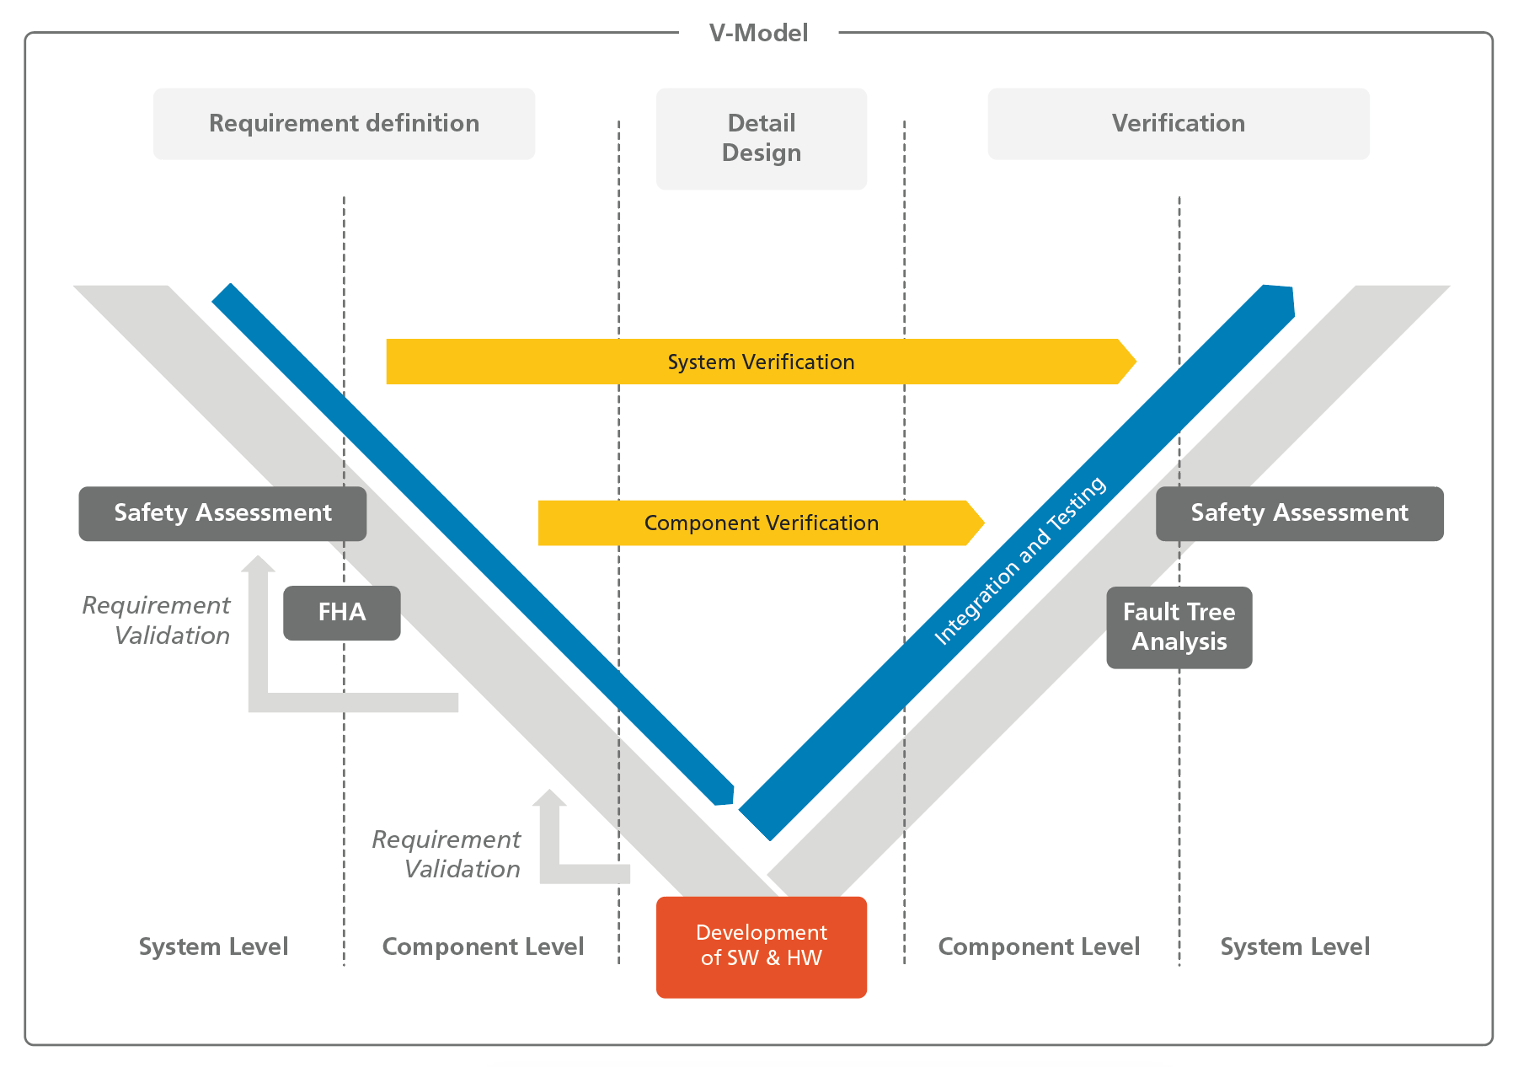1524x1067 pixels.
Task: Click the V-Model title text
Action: [x=758, y=33]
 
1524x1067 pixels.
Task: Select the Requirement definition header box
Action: [x=344, y=124]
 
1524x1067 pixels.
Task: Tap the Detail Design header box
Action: [x=761, y=138]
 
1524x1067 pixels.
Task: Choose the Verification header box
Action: [x=1178, y=124]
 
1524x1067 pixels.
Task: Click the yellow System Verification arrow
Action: [x=760, y=362]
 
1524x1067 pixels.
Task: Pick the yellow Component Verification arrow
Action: [x=760, y=523]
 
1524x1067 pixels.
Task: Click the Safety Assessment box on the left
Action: [x=222, y=513]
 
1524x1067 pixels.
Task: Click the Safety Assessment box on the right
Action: [x=1299, y=513]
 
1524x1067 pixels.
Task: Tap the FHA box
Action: [x=341, y=613]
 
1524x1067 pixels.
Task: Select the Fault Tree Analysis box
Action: [x=1179, y=627]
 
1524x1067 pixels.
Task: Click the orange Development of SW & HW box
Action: [x=761, y=946]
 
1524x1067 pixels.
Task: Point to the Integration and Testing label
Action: [x=1019, y=561]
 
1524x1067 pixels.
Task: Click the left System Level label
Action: [x=213, y=946]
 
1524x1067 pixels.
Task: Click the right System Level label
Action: [x=1295, y=946]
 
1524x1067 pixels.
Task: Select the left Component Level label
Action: [x=483, y=946]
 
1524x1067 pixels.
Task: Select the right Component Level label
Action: [x=1039, y=946]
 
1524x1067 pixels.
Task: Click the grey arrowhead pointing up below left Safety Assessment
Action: [x=258, y=564]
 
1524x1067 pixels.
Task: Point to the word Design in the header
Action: [x=761, y=153]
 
